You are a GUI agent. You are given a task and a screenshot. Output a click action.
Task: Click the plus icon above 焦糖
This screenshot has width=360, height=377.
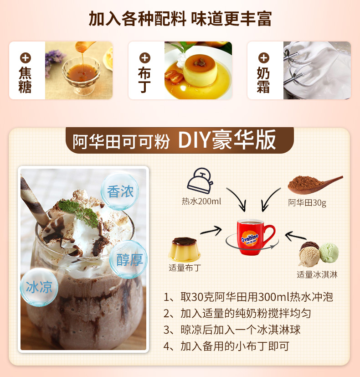point(25,58)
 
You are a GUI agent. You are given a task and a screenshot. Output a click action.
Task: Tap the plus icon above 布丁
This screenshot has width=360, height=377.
point(144,58)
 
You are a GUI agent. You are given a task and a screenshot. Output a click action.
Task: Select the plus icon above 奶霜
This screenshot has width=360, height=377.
point(264,58)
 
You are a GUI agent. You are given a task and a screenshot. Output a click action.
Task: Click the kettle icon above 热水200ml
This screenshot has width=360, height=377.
point(200,181)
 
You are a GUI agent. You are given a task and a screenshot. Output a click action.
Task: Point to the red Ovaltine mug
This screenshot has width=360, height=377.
point(255,237)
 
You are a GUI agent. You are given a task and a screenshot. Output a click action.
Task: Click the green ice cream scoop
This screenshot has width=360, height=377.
point(329,253)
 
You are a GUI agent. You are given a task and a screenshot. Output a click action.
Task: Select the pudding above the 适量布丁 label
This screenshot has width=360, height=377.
point(184,249)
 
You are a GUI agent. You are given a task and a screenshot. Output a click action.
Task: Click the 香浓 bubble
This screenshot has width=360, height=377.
point(120,191)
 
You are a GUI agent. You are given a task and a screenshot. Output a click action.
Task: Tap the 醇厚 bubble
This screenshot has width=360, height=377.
point(129,260)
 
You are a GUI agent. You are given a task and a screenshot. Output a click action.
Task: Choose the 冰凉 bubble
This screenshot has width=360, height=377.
point(39,287)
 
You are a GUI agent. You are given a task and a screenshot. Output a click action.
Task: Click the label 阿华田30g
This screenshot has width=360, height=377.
point(307,203)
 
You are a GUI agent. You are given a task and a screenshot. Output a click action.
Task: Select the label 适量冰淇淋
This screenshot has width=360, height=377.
point(317,274)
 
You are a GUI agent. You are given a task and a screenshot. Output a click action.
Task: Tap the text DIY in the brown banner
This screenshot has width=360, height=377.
point(194,140)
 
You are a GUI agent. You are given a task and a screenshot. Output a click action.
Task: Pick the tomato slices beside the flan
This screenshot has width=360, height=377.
point(174,77)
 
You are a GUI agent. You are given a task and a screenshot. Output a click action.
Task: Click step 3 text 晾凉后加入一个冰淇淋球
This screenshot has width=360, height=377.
point(241,330)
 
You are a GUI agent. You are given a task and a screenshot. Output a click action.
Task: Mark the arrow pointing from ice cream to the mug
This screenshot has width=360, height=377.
point(295,236)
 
